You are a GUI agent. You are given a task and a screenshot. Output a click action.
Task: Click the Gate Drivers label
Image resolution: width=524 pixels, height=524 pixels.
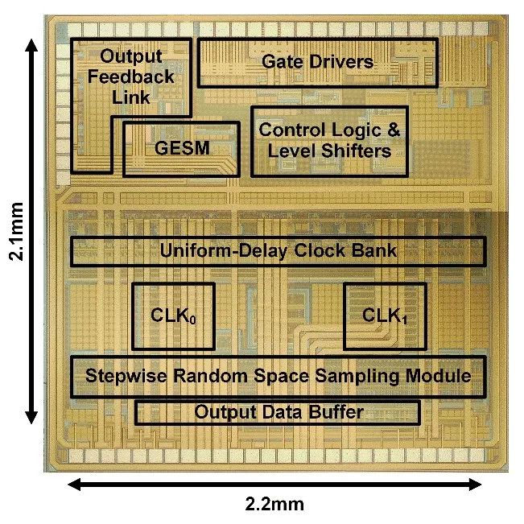pos(318,61)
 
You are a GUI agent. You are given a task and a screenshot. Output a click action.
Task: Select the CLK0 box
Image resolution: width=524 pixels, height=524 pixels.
pos(173,316)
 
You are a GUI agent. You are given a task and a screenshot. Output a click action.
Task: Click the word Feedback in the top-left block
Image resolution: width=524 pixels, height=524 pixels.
pos(130,77)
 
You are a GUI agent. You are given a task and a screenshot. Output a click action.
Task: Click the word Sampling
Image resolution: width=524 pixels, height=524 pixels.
pos(334,376)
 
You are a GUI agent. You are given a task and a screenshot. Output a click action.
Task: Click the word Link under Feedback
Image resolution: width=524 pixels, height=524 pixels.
pos(130,97)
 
